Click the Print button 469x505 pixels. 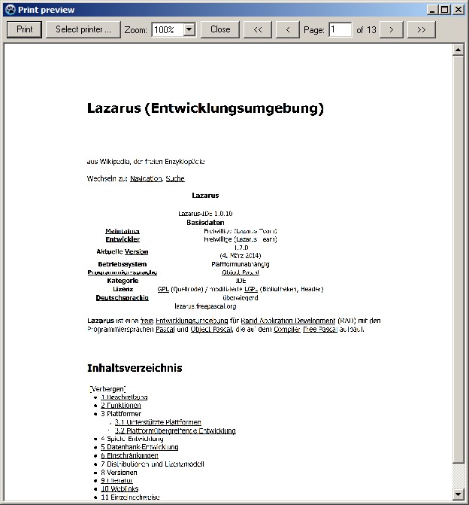25,29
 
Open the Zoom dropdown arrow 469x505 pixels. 189,29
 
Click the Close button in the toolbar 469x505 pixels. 220,29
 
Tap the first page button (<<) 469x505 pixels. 257,29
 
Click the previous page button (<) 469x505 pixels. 287,29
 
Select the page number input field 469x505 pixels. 340,29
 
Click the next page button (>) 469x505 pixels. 392,29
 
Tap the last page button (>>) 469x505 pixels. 421,29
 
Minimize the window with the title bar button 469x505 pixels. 434,10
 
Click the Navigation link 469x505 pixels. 145,178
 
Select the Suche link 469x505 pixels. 175,178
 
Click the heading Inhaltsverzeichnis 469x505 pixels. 135,368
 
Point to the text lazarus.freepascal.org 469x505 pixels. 205,306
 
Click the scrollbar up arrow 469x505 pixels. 458,51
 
